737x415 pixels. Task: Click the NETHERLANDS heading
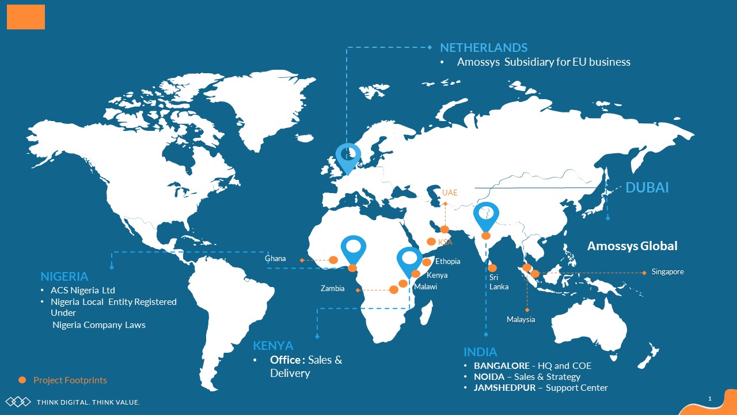(x=484, y=48)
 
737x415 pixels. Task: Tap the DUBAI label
(x=647, y=187)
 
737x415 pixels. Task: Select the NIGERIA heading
(x=64, y=277)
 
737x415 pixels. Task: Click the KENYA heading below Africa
(x=273, y=346)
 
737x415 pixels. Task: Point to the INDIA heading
(x=480, y=352)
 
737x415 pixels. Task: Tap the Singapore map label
(x=667, y=272)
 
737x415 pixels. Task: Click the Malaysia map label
(x=521, y=320)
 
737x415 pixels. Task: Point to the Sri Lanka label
(x=499, y=282)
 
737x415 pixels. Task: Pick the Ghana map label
(x=275, y=259)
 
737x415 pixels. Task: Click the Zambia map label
(x=332, y=289)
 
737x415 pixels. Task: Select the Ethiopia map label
(x=447, y=262)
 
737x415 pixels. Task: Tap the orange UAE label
(x=450, y=193)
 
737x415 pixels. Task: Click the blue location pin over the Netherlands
(x=348, y=156)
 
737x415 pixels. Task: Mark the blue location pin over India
(x=486, y=216)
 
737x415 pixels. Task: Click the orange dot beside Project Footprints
(x=22, y=380)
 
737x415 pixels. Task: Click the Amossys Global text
(x=632, y=246)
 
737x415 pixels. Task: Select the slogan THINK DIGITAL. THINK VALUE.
(x=88, y=402)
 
